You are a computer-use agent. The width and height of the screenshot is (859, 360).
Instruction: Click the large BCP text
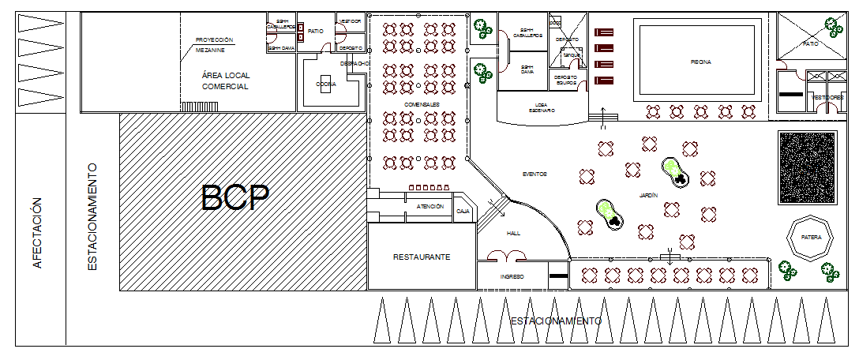[x=235, y=198]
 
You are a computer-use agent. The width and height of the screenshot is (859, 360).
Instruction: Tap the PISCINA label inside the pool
[x=700, y=62]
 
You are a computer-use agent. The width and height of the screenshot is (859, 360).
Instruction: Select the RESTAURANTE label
[x=422, y=257]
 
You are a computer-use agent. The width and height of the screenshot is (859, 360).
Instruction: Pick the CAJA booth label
[x=463, y=212]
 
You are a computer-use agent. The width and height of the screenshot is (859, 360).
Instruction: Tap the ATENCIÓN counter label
[x=429, y=206]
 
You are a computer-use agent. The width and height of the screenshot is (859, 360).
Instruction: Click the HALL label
[x=514, y=234]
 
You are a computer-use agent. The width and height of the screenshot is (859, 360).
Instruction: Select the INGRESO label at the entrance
[x=512, y=277]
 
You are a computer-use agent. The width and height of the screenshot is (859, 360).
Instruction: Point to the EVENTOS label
[x=535, y=174]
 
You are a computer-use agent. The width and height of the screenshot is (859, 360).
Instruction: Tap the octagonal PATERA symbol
[x=811, y=236]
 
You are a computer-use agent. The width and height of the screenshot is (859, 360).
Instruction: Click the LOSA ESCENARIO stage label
[x=541, y=107]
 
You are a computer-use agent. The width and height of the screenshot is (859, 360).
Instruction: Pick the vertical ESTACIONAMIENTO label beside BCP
[x=92, y=217]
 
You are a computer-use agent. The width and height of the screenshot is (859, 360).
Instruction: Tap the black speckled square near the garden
[x=807, y=168]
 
